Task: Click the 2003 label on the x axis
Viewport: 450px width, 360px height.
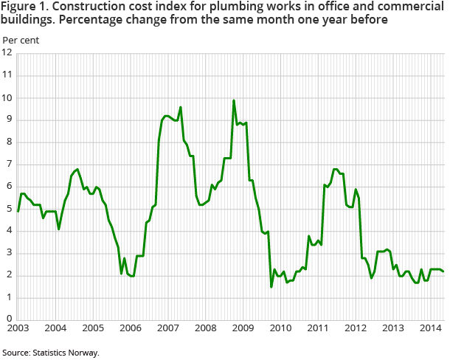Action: coord(18,326)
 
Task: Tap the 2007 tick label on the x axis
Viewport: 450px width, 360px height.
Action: coord(167,326)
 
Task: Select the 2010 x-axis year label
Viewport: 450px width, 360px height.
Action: coord(280,326)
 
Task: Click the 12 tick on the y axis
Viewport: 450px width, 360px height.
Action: coord(7,53)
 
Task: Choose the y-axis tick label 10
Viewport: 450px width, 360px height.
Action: coord(7,97)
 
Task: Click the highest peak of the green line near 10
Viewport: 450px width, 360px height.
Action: coord(234,100)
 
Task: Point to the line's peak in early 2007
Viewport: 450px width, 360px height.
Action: coord(181,108)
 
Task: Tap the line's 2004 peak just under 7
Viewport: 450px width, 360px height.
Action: coord(77,169)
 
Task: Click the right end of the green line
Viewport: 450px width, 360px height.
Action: coord(443,271)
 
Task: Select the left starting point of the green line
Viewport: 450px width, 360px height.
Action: coord(18,211)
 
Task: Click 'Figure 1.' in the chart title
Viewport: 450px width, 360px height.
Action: coord(26,7)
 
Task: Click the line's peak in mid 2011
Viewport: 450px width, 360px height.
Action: coord(336,169)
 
